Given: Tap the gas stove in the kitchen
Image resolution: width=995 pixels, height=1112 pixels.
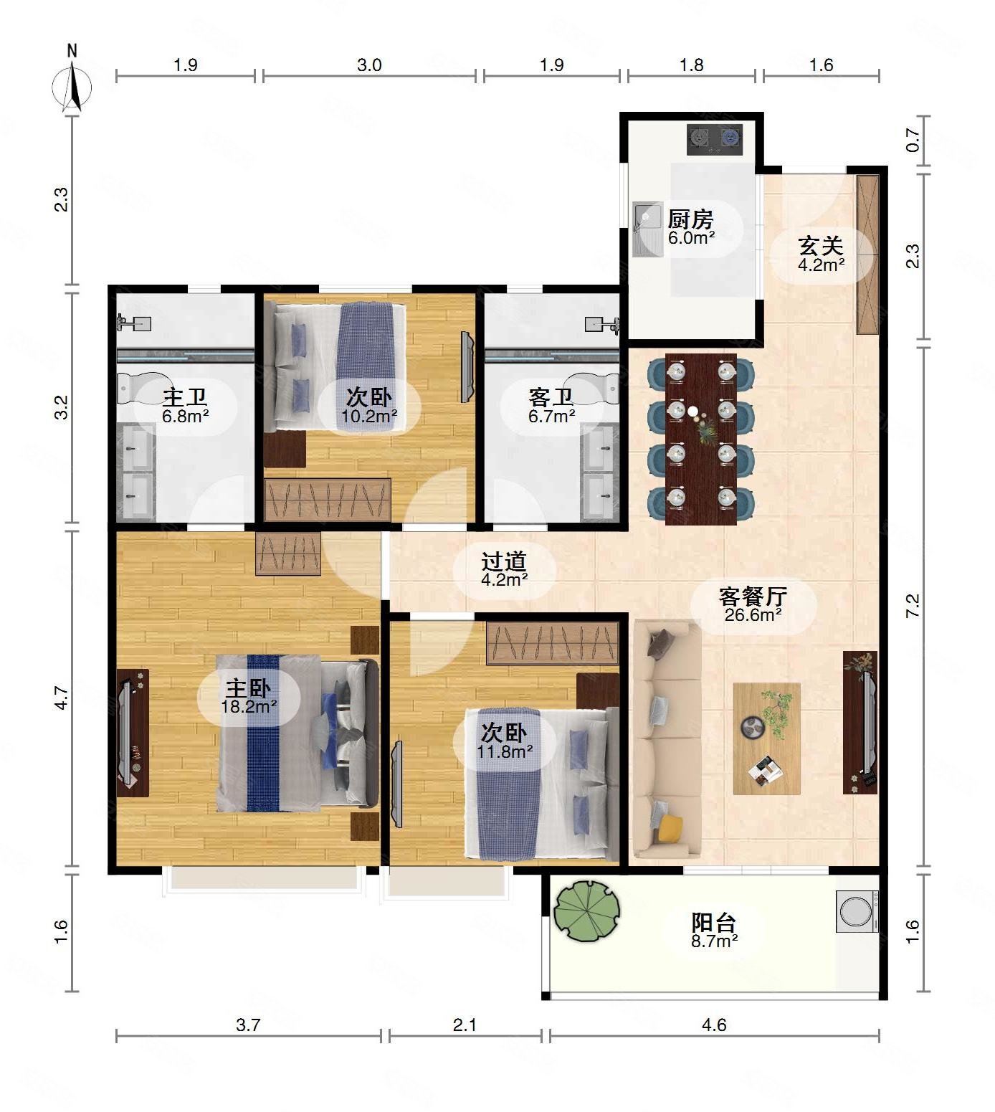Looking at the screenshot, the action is [x=715, y=139].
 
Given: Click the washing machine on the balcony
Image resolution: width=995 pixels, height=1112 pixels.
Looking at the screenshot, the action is [x=857, y=911].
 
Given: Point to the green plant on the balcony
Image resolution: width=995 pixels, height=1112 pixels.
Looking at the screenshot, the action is [x=586, y=910].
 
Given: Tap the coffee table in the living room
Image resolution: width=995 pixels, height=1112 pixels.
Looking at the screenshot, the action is [x=766, y=738].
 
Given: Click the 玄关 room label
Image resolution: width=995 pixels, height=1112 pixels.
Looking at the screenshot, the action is [x=821, y=246].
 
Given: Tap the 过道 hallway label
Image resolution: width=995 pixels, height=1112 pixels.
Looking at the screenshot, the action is [x=504, y=561].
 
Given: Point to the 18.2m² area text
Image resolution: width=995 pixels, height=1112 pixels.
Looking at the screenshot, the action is [x=249, y=705].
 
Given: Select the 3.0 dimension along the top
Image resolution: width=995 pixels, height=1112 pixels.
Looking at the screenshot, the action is [x=369, y=65].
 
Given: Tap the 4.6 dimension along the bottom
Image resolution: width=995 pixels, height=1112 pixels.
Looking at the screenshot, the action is [x=714, y=1025].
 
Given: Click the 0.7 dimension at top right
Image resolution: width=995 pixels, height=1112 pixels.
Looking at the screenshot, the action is [x=913, y=140].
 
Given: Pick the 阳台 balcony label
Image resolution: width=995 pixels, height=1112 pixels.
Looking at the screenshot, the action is [x=714, y=923].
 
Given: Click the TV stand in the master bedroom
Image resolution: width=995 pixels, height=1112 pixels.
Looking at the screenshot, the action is [x=133, y=733].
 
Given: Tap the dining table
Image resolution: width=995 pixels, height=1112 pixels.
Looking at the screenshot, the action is [x=701, y=439].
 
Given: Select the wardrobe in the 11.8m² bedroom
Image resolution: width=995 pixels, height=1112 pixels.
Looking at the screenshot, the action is [x=552, y=643].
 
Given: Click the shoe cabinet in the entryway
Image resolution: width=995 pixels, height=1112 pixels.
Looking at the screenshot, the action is [x=867, y=254].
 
